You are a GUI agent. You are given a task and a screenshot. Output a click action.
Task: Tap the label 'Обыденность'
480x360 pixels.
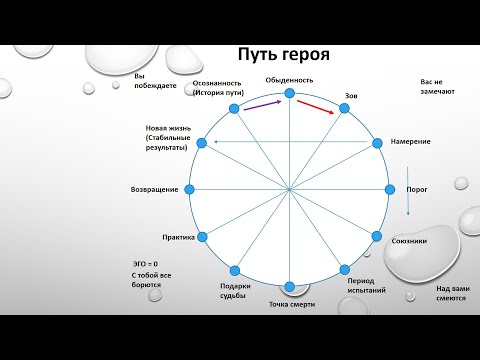coord(290,79)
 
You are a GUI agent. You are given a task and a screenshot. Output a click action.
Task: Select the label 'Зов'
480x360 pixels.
coord(351,96)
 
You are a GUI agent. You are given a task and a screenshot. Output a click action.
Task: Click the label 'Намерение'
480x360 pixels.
coord(411,141)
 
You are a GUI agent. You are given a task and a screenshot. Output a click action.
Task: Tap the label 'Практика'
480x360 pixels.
coord(177,237)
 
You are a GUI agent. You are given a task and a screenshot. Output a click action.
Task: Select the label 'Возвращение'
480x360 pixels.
coord(155,189)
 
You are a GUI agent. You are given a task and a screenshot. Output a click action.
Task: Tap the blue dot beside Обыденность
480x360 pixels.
coord(290,93)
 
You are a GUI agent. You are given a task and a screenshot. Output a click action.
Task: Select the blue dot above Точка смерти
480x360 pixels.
coord(290,287)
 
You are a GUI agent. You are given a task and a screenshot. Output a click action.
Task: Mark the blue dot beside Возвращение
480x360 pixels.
coord(192,189)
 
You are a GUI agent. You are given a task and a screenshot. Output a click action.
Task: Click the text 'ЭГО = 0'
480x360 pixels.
coord(146,263)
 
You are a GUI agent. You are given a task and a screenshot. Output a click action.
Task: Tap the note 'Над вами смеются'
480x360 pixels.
coord(453,293)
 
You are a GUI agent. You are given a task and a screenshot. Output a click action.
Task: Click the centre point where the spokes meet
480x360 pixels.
coord(290,189)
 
